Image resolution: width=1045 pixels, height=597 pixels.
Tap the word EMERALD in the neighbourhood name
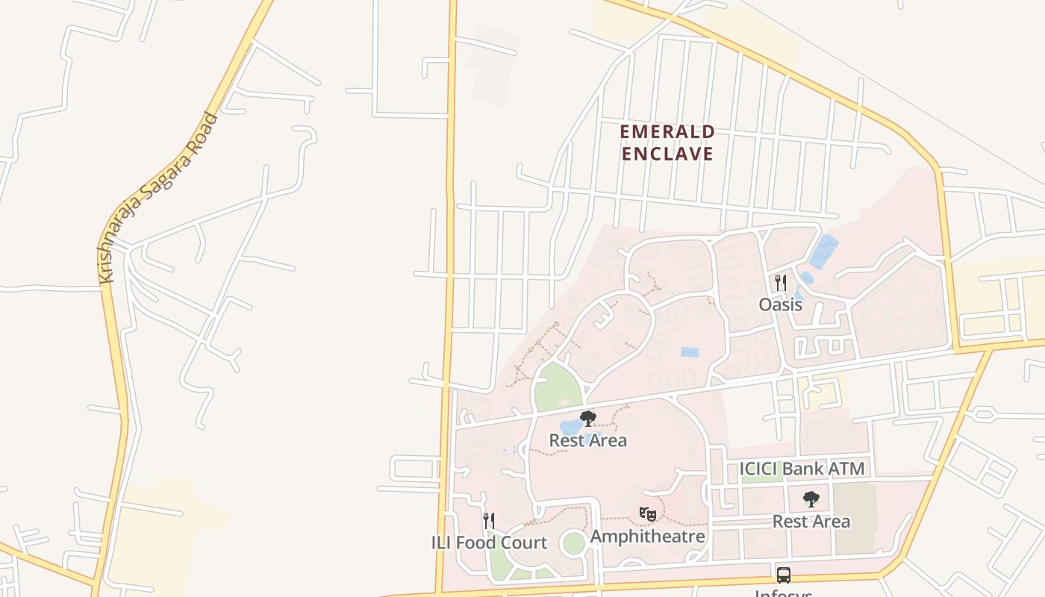pos(667,132)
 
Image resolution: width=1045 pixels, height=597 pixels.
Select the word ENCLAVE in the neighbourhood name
pos(667,154)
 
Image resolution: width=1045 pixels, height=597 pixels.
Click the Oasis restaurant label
pos(781,304)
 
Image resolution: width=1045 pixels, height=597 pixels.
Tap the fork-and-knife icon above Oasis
pos(781,283)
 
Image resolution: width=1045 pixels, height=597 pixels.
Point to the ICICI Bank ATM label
pos(802,469)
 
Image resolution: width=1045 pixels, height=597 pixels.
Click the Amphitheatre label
pos(648,537)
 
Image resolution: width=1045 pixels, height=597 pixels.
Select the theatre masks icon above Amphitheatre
pos(648,514)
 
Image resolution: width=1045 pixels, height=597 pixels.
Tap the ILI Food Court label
pos(489,543)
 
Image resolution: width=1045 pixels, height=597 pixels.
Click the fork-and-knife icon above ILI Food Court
pos(489,520)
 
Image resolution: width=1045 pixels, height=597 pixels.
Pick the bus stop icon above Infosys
pos(784,575)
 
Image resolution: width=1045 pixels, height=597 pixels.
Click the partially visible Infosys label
pos(784,593)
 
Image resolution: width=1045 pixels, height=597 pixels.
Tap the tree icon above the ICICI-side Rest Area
pos(811,499)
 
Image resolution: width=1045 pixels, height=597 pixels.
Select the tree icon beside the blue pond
pos(588,419)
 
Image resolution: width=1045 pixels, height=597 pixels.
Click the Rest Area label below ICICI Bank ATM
pos(811,522)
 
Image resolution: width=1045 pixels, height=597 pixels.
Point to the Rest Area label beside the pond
pos(588,440)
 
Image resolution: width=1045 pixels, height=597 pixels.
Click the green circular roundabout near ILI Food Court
pos(573,543)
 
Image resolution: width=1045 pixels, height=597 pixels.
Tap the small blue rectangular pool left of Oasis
pos(690,352)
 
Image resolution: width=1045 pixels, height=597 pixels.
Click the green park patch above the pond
pos(558,387)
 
